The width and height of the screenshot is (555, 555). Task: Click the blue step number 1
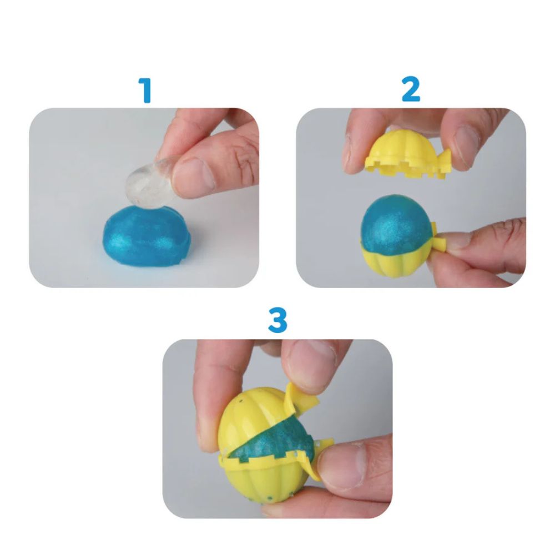coord(145,90)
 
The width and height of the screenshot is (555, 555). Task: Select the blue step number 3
coord(277,321)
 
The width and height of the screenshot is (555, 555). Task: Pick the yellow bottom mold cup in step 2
coord(394,261)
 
